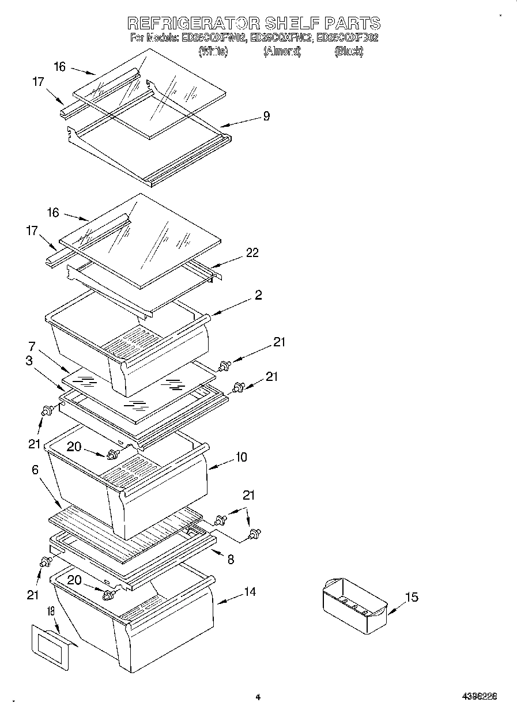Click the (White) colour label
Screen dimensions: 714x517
coord(213,51)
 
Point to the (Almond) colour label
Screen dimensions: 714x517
coord(282,51)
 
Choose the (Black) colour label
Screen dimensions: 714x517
coord(349,51)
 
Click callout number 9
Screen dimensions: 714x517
coord(266,116)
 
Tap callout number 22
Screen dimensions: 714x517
coord(252,252)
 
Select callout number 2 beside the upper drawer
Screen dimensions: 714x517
coord(258,295)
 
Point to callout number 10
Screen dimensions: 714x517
coord(241,457)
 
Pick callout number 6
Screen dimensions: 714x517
coord(35,470)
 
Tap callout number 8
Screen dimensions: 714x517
coord(231,558)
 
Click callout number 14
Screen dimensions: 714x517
coord(250,591)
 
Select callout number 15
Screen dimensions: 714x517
coord(412,597)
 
